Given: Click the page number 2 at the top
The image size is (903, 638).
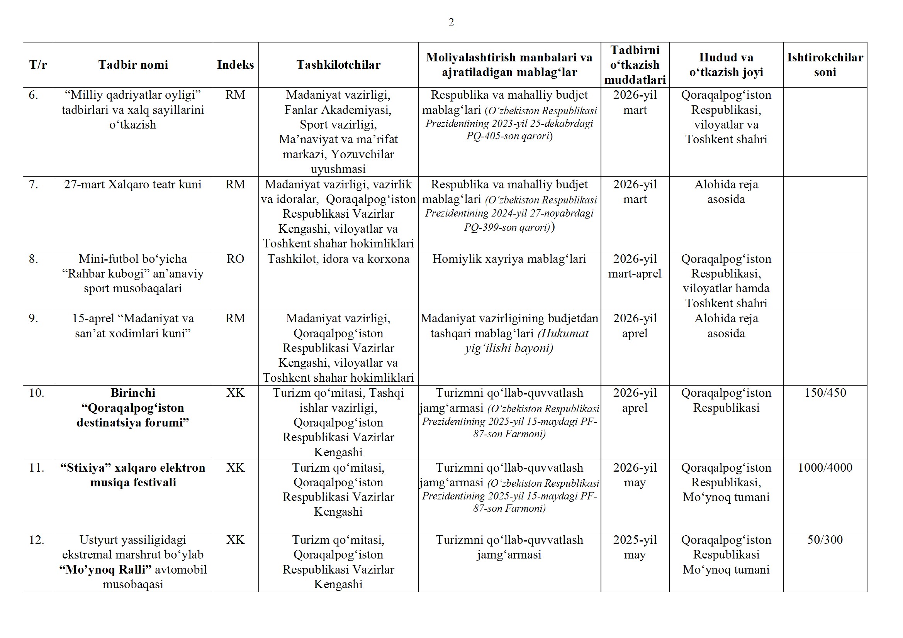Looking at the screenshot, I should tap(451, 22).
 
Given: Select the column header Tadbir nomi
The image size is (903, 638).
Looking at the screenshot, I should tap(133, 65).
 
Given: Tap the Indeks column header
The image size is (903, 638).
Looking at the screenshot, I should tap(235, 65).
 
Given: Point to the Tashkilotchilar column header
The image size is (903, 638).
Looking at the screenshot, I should tap(338, 65).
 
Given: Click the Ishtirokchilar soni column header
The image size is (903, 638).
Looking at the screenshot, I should tap(825, 65).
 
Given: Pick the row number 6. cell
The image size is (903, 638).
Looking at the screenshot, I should tap(34, 95).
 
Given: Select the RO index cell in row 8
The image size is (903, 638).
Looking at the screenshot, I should tap(235, 259).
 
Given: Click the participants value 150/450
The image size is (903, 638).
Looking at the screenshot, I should tap(825, 393).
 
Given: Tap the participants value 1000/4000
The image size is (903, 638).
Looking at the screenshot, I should tap(825, 467).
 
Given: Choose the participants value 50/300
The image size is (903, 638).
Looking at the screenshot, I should tap(825, 540).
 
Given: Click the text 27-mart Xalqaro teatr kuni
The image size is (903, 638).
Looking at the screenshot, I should tap(133, 184).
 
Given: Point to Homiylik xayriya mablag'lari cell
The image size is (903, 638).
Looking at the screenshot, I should tap(509, 259).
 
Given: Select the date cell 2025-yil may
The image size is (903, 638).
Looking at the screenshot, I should tap(635, 547).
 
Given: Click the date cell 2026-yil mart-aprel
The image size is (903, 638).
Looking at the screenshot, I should tap(635, 266).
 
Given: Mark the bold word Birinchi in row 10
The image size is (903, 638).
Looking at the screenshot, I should tap(133, 393).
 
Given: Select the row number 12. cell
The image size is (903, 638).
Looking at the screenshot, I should tap(37, 540).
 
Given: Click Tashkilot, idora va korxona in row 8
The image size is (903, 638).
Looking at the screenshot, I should tap(338, 259).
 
